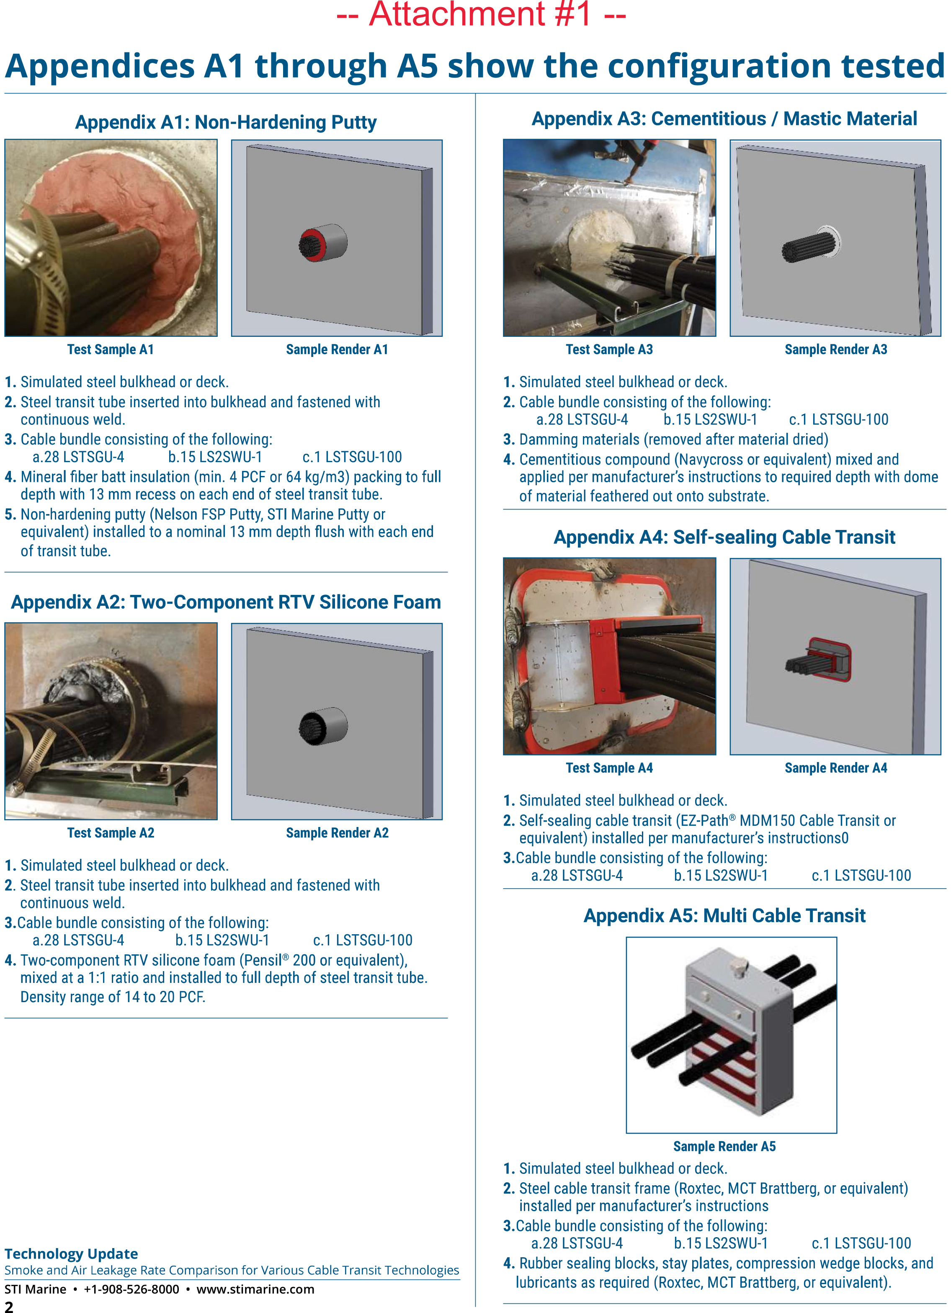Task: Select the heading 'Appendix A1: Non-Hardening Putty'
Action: pyautogui.click(x=226, y=122)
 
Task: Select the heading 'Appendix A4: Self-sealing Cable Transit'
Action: pyautogui.click(x=724, y=537)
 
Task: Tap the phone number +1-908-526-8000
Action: pyautogui.click(x=131, y=1289)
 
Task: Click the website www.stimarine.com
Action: pyautogui.click(x=255, y=1289)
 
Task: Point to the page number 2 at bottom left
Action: pyautogui.click(x=9, y=1306)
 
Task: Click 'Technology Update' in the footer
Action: pyautogui.click(x=71, y=1254)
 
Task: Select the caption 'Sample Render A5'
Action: pyautogui.click(x=724, y=1146)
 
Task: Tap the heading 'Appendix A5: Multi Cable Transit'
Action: pyautogui.click(x=724, y=915)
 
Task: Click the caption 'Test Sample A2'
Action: pyautogui.click(x=111, y=832)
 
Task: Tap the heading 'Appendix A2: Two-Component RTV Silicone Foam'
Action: pyautogui.click(x=226, y=602)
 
